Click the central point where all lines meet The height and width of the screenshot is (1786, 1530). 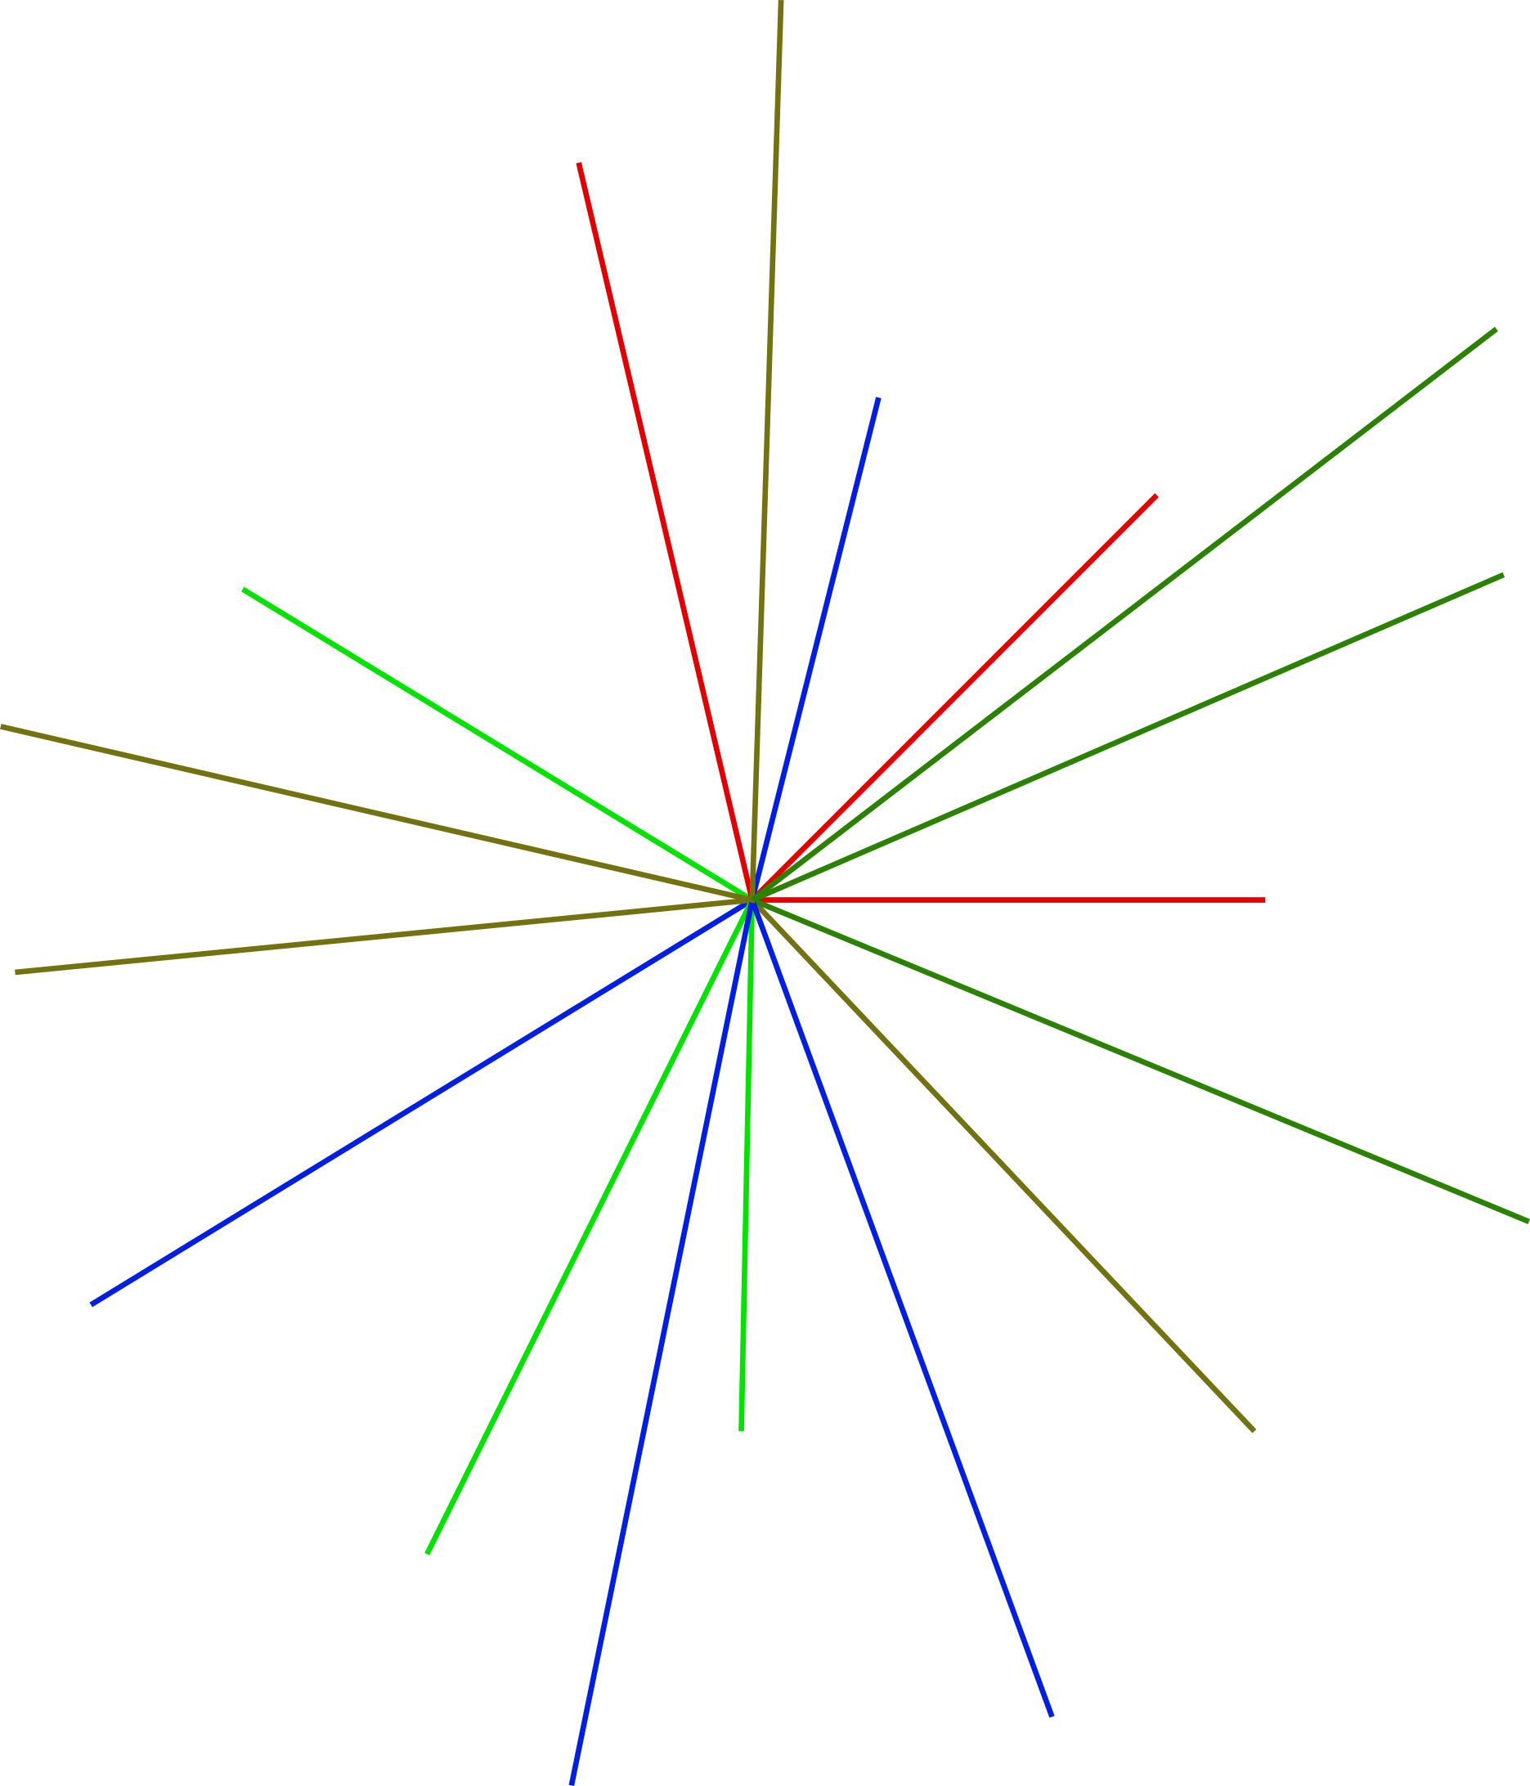coord(752,900)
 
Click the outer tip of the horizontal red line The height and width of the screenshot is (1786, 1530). coord(1264,900)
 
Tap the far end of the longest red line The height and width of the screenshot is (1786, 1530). coord(579,163)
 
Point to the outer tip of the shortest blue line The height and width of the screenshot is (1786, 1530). coord(877,398)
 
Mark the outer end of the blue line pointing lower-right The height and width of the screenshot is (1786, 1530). coord(1052,1716)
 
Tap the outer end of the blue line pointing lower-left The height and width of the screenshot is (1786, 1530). coord(92,1304)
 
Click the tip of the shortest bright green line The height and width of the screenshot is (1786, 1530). coord(742,1431)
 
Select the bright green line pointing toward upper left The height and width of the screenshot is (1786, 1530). coord(497,745)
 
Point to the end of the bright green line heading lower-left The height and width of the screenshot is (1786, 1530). coord(428,1554)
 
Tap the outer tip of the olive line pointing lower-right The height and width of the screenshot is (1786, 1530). coord(1254,1431)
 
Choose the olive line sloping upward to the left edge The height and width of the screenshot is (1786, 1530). coord(376,813)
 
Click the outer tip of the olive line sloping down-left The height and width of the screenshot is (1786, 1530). coord(16,972)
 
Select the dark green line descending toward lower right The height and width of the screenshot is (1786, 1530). coord(1141,1060)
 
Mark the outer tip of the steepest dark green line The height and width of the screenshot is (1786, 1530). coord(1496,330)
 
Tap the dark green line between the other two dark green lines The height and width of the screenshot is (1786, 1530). coord(1128,738)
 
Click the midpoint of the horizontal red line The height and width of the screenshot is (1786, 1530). coord(1008,900)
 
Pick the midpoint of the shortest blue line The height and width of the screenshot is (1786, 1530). coord(815,649)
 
